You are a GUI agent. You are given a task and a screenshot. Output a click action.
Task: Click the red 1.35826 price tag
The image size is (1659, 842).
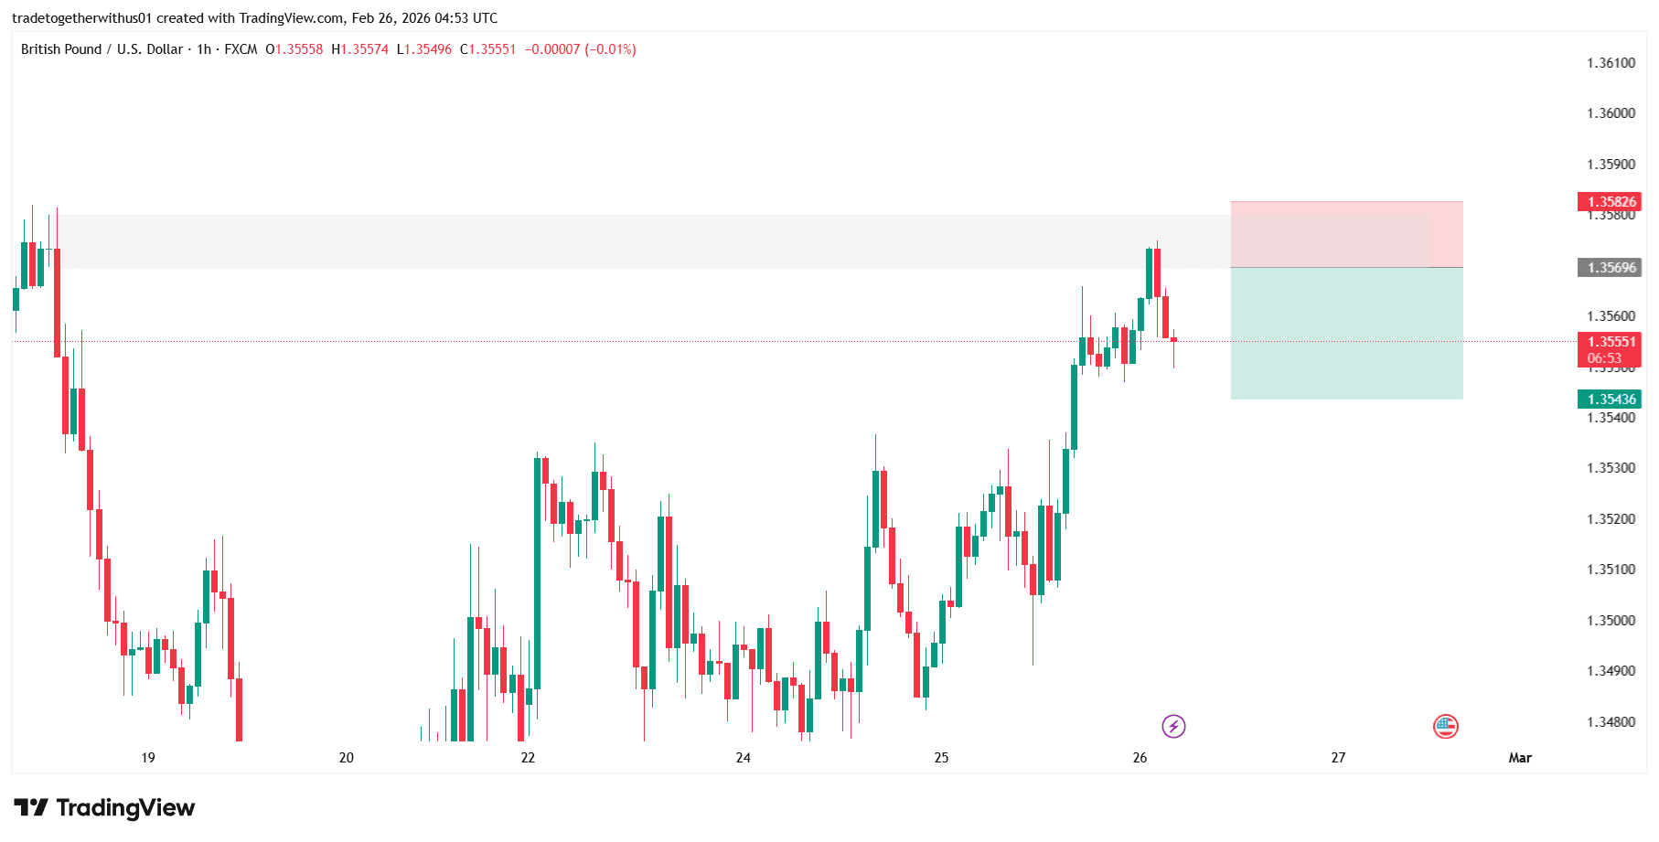click(1609, 202)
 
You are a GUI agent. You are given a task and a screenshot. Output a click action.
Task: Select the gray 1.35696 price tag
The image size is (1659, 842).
click(1609, 268)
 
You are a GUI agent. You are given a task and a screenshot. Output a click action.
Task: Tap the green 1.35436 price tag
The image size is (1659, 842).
click(1609, 400)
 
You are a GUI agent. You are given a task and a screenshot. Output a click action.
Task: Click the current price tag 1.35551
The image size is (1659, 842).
click(1609, 343)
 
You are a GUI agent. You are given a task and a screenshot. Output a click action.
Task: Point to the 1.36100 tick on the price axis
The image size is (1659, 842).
click(1611, 63)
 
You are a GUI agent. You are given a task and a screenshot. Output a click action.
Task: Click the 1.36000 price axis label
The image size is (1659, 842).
click(1611, 113)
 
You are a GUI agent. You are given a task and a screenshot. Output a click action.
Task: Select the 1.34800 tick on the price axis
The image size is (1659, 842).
click(1611, 722)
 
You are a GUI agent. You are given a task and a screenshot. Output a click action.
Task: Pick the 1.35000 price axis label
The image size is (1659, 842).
click(1611, 621)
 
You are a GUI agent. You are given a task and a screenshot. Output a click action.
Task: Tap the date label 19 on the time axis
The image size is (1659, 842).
click(148, 758)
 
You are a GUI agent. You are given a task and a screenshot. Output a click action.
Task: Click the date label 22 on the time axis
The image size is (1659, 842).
click(528, 758)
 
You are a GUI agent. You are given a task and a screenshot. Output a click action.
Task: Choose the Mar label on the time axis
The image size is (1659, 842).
click(1520, 758)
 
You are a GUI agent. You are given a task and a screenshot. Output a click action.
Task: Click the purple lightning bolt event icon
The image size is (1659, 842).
click(1173, 727)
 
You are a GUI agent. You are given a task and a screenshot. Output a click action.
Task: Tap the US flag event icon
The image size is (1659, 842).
click(1445, 727)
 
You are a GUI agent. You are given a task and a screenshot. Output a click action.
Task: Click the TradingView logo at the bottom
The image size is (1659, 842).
click(104, 808)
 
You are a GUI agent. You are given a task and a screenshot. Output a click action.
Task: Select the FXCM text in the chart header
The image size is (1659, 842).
click(241, 49)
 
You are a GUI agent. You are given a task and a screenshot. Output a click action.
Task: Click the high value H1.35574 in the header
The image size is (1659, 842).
click(359, 49)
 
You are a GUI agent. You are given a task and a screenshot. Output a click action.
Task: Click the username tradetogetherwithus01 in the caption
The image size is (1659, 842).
click(81, 18)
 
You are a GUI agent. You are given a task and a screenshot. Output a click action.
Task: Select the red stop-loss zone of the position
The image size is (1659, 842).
click(1346, 234)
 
